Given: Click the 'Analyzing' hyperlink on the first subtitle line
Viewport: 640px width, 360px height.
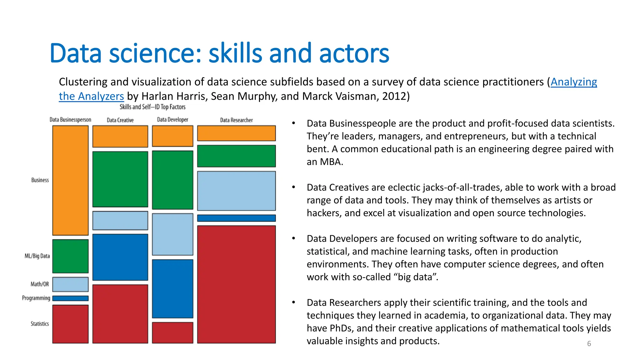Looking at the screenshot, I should coord(573,82).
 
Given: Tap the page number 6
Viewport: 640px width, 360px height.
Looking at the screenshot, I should coord(589,343).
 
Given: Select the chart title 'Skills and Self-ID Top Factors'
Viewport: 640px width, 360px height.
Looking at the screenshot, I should coord(152,107).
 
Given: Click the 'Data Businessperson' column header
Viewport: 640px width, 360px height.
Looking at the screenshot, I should coord(70,120).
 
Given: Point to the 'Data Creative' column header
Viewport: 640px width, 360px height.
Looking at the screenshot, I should coord(120,120).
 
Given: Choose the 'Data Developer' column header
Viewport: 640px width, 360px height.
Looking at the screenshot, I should coord(172,120).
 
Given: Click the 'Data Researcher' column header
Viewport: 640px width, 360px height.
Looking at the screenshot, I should coord(236,120).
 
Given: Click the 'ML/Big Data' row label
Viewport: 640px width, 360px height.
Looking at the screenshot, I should coord(37,256).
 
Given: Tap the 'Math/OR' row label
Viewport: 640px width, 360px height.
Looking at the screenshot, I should coord(40,284).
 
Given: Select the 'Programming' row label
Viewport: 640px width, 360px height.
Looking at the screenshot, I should coord(36,298).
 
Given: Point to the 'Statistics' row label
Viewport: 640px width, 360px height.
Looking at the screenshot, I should coord(40,324).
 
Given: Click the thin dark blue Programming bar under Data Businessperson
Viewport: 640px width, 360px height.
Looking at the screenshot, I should coord(70,298).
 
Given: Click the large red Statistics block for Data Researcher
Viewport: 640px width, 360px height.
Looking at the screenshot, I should coord(236,284).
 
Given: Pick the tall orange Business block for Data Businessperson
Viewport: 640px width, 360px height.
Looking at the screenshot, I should coord(70,180).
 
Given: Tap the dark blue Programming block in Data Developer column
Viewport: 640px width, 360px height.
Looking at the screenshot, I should coord(172,288).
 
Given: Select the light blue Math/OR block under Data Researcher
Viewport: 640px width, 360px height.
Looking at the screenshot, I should coord(236,191).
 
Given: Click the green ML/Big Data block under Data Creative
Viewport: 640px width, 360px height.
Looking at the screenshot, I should coord(120,179).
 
